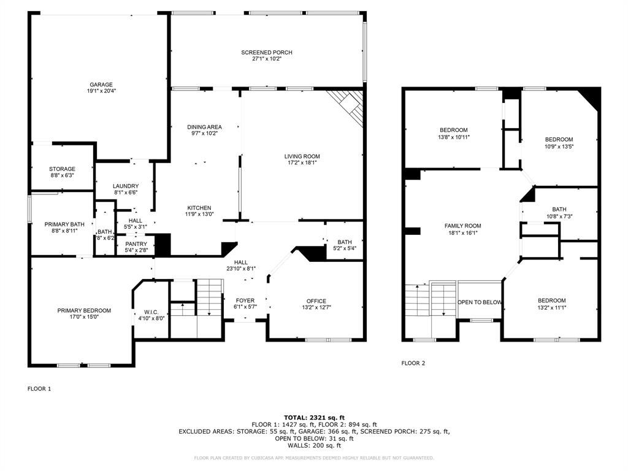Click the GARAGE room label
pos(101,85)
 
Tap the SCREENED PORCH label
pos(266,53)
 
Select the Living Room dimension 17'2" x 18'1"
pos(302,164)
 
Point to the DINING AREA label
pos(204,127)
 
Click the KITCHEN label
pos(199,208)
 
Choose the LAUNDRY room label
pos(126,186)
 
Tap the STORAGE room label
pos(62,169)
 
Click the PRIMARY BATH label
pos(60,224)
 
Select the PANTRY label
pos(136,243)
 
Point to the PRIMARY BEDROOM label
pos(84,310)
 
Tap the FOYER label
pos(244,301)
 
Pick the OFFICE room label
pos(316,301)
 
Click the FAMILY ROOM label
pos(462,226)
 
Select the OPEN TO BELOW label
pos(480,302)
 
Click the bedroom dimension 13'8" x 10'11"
pos(454,137)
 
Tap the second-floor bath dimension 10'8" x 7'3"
pos(559,216)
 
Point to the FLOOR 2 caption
pos(413,363)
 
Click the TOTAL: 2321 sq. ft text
pos(314,417)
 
